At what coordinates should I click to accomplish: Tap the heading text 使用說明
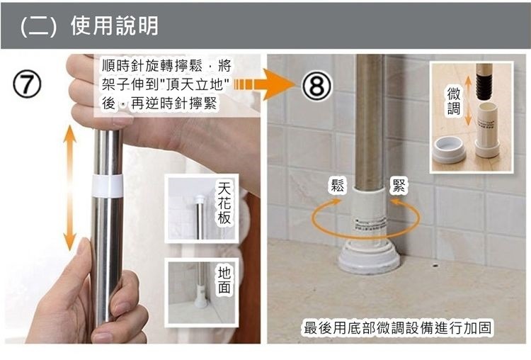pos(115,26)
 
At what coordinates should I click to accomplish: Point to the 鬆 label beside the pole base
pos(337,186)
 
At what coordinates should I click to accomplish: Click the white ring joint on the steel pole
pos(107,186)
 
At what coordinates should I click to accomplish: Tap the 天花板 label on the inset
pos(224,203)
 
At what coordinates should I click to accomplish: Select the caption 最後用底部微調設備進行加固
pos(397,328)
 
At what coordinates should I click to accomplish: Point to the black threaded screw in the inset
pos(484,86)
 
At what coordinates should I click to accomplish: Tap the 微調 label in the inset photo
pos(453,101)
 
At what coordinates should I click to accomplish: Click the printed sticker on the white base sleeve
pos(370,225)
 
